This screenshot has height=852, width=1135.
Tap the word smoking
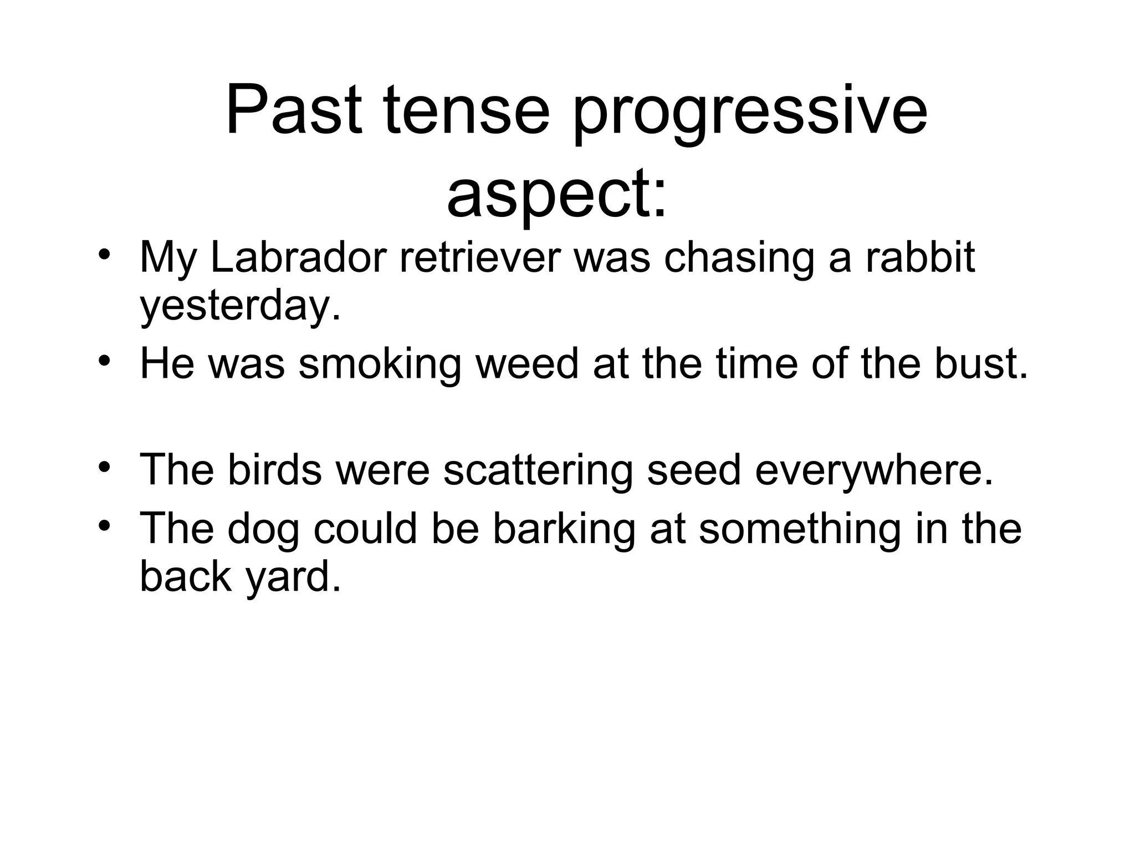tap(380, 364)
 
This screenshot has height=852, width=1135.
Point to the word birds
tap(274, 470)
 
